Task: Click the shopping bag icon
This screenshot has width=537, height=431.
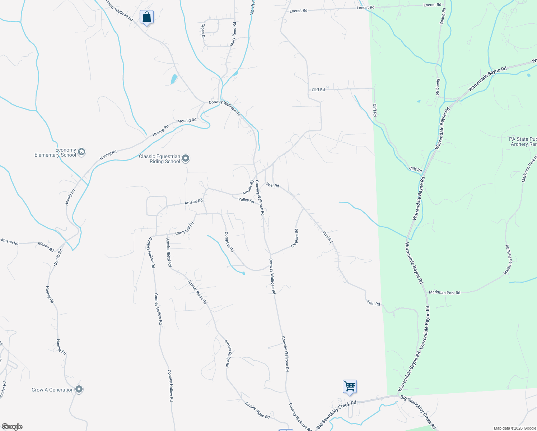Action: pyautogui.click(x=146, y=17)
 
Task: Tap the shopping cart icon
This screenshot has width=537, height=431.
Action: pyautogui.click(x=350, y=386)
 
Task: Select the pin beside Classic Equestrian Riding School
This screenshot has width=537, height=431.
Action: pyautogui.click(x=186, y=158)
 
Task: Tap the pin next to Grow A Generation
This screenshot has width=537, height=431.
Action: pyautogui.click(x=79, y=389)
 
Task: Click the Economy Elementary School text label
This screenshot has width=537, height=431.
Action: pyautogui.click(x=55, y=153)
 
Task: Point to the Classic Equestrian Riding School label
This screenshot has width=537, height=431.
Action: pyautogui.click(x=159, y=159)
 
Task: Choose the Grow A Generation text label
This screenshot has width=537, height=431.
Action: pyautogui.click(x=52, y=390)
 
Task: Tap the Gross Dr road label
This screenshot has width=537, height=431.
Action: pyautogui.click(x=203, y=31)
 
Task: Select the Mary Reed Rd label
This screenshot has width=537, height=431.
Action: pyautogui.click(x=233, y=34)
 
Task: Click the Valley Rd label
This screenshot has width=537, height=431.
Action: pyautogui.click(x=246, y=200)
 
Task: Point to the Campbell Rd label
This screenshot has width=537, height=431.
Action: pyautogui.click(x=185, y=229)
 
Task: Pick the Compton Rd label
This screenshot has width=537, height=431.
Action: pyautogui.click(x=229, y=242)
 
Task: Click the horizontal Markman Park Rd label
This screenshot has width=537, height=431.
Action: pyautogui.click(x=444, y=293)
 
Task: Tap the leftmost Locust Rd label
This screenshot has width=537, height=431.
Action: pyautogui.click(x=298, y=11)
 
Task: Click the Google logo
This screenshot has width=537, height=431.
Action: pyautogui.click(x=12, y=427)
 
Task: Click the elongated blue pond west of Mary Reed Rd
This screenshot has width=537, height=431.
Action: pyautogui.click(x=174, y=79)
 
